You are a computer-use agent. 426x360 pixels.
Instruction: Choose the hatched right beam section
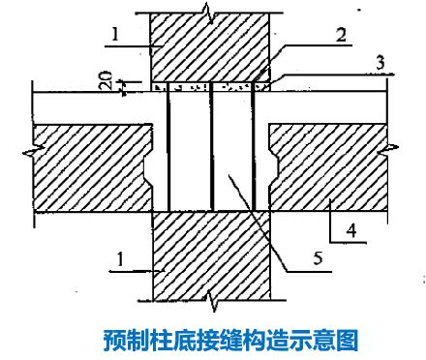329,169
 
